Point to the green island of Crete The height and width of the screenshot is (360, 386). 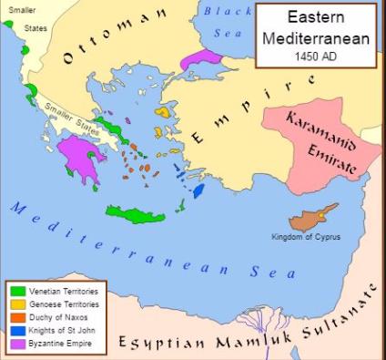pyautogui.click(x=136, y=214)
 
